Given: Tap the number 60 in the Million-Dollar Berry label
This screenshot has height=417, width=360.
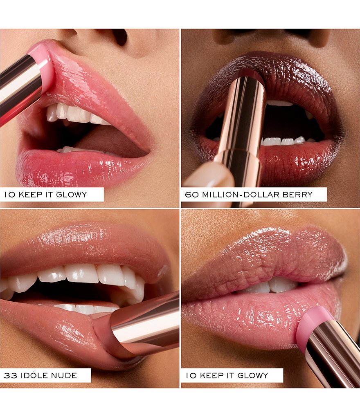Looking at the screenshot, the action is [x=191, y=195].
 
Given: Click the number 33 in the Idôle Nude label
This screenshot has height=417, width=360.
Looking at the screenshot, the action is [x=10, y=375].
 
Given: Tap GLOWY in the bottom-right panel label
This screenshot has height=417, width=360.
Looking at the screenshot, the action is [x=252, y=375].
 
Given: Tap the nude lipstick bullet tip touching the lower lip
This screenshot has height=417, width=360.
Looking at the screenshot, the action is [x=106, y=335].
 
